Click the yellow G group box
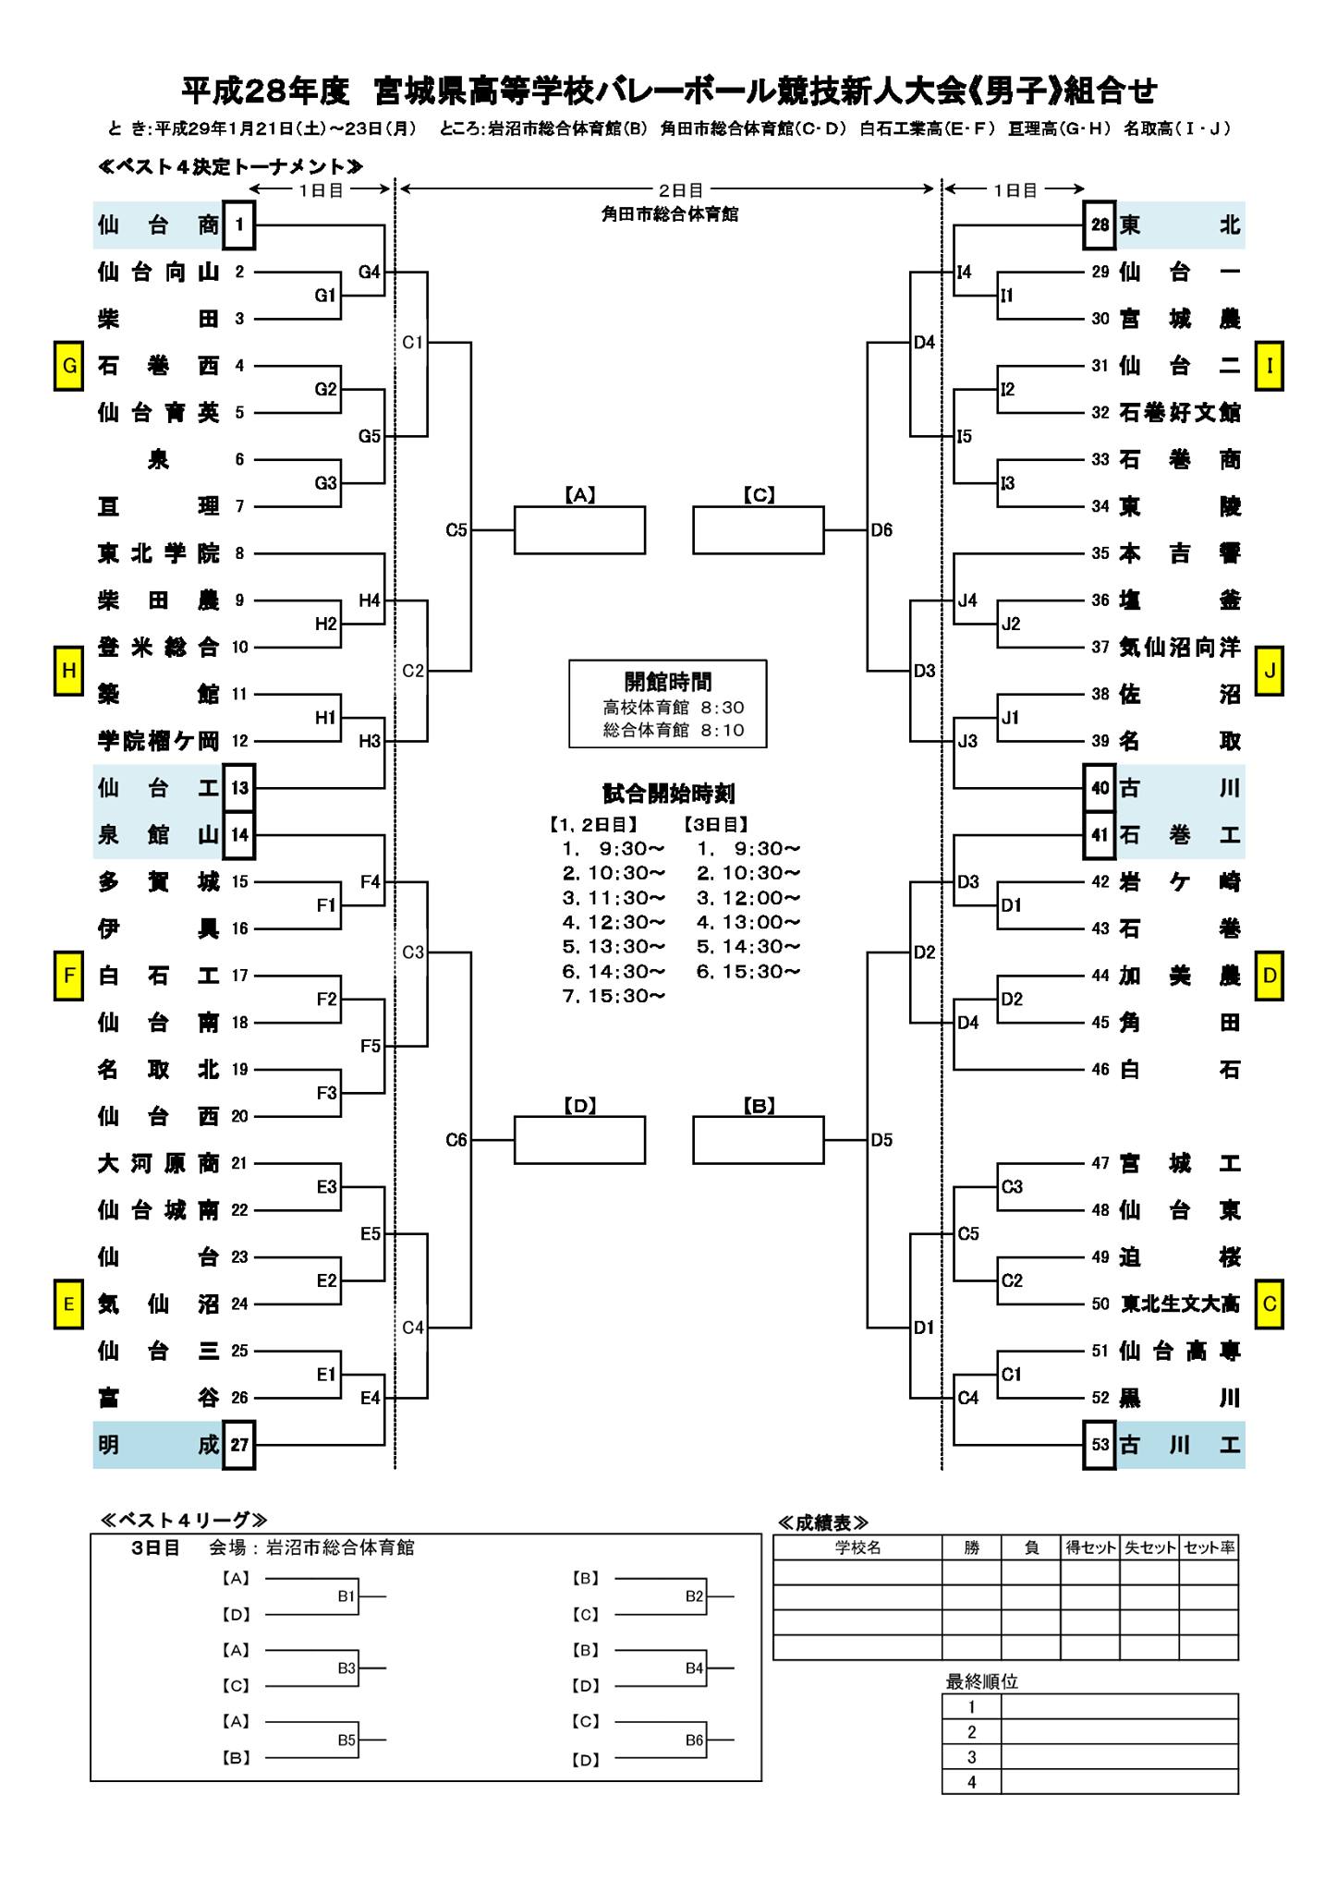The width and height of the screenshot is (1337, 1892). click(68, 366)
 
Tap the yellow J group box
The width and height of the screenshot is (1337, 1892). click(1269, 671)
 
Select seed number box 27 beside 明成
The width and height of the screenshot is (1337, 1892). click(239, 1445)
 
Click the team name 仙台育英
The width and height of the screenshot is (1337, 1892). click(159, 413)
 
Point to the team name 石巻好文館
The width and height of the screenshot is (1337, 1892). click(1180, 413)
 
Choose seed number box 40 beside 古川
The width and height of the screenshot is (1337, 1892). click(1100, 788)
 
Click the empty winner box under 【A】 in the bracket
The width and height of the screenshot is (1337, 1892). click(579, 530)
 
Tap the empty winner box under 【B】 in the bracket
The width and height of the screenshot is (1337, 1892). click(759, 1140)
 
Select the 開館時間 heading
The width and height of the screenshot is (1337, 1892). click(668, 682)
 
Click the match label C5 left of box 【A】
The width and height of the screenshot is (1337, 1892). click(456, 530)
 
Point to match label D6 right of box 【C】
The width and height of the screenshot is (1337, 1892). click(881, 530)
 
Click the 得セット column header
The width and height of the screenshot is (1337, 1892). click(1090, 1547)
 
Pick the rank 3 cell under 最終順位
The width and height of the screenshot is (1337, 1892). click(971, 1757)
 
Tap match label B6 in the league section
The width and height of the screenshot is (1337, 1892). click(695, 1740)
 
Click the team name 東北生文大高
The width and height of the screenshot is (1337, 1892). click(1180, 1304)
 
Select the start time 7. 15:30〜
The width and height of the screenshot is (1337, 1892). click(614, 996)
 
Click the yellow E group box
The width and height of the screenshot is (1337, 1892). click(68, 1304)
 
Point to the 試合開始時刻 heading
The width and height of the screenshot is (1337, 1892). click(668, 794)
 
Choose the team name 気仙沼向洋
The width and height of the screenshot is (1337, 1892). click(1180, 648)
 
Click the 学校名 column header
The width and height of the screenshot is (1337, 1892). click(857, 1547)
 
